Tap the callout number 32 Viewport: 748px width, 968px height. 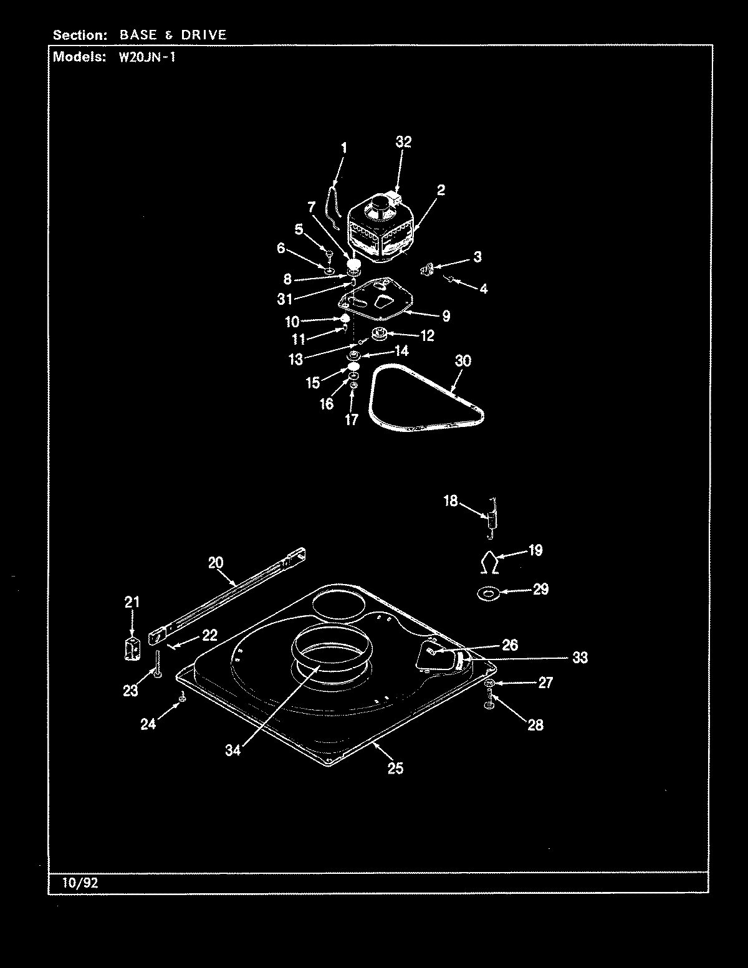pyautogui.click(x=403, y=142)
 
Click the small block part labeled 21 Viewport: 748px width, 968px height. pyautogui.click(x=131, y=649)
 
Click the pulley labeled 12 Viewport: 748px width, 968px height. pyautogui.click(x=378, y=335)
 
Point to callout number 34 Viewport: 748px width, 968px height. pyautogui.click(x=233, y=750)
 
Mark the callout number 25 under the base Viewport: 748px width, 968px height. pyautogui.click(x=395, y=768)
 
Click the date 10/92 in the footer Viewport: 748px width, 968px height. pyautogui.click(x=80, y=883)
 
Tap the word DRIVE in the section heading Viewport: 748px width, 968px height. pyautogui.click(x=204, y=35)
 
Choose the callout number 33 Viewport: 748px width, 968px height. pyautogui.click(x=580, y=658)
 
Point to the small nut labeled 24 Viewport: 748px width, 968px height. pyautogui.click(x=181, y=699)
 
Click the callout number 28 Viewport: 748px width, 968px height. pyautogui.click(x=535, y=724)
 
